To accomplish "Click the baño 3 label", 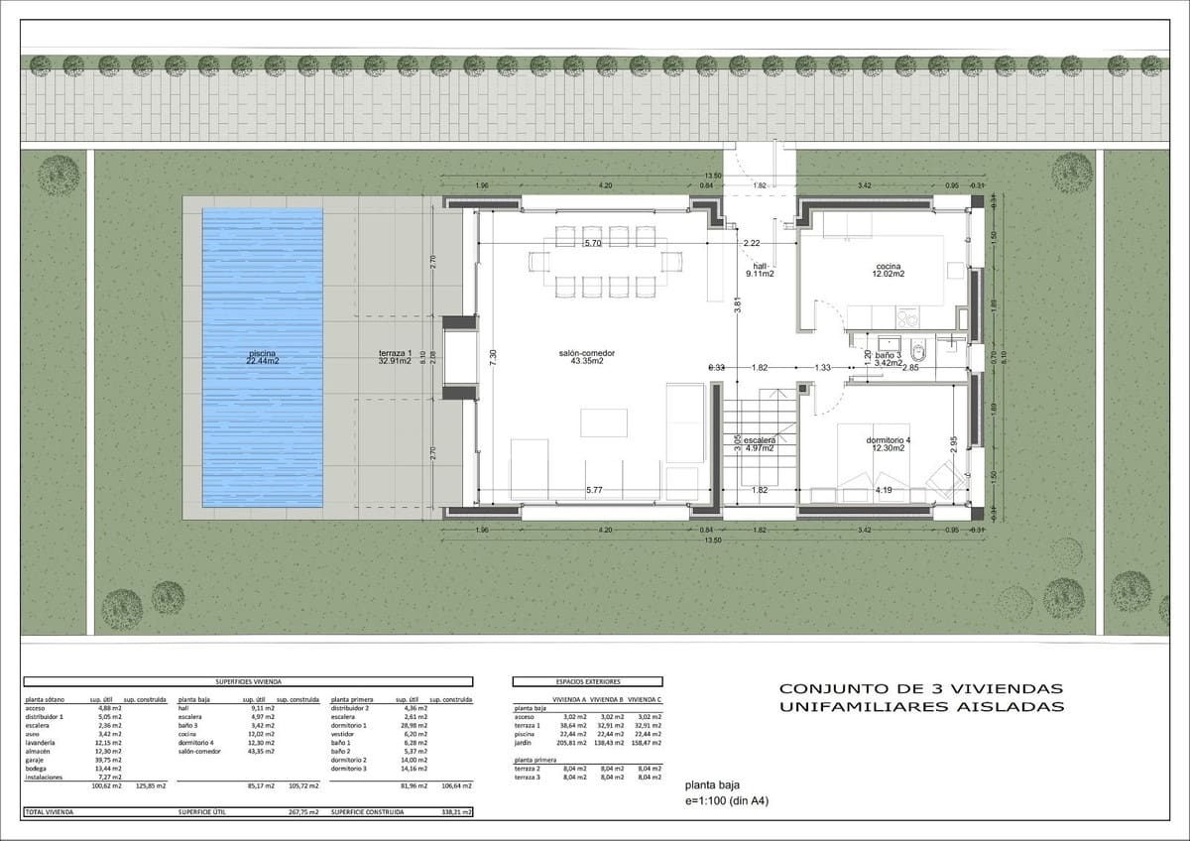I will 888,354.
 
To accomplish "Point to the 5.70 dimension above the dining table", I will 593,243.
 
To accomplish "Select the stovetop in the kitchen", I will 907,318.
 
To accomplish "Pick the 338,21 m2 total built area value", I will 454,811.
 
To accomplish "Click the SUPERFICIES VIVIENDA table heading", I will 248,682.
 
